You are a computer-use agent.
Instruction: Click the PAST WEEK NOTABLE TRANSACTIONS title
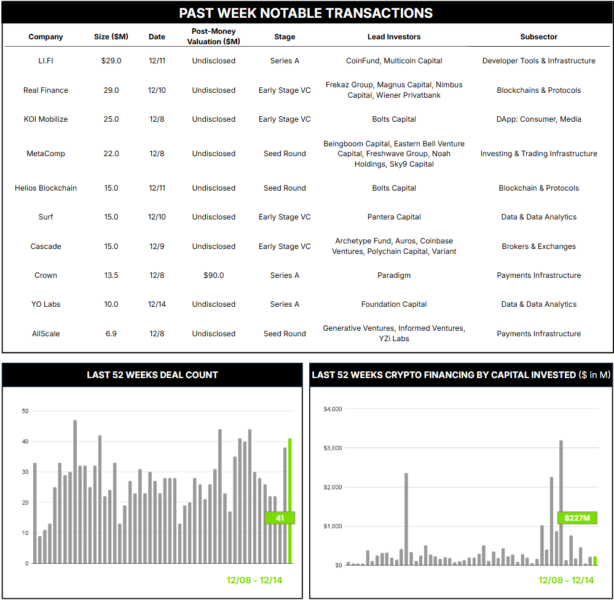[x=306, y=13]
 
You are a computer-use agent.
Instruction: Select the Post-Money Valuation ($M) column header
[x=213, y=36]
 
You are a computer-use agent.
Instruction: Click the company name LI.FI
[x=45, y=61]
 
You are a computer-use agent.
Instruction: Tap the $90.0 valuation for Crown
[x=213, y=275]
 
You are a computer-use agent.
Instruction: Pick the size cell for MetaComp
[x=111, y=154]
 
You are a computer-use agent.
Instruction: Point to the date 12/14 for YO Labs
[x=157, y=304]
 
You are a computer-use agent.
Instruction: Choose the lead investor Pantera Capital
[x=394, y=217]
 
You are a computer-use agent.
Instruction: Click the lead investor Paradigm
[x=394, y=275]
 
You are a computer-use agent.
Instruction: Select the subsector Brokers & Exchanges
[x=538, y=247]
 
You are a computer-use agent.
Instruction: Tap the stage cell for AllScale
[x=285, y=334]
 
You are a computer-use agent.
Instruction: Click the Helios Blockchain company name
[x=45, y=188]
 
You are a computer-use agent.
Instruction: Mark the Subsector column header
[x=538, y=37]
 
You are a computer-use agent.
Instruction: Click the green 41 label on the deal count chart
[x=280, y=518]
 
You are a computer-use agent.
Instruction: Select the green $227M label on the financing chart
[x=577, y=518]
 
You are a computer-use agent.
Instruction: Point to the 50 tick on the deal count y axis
[x=25, y=411]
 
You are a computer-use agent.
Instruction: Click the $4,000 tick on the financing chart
[x=333, y=409]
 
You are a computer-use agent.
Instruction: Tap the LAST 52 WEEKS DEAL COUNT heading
[x=152, y=374]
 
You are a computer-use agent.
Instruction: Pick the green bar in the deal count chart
[x=290, y=501]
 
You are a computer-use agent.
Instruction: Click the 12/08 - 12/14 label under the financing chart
[x=566, y=580]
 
